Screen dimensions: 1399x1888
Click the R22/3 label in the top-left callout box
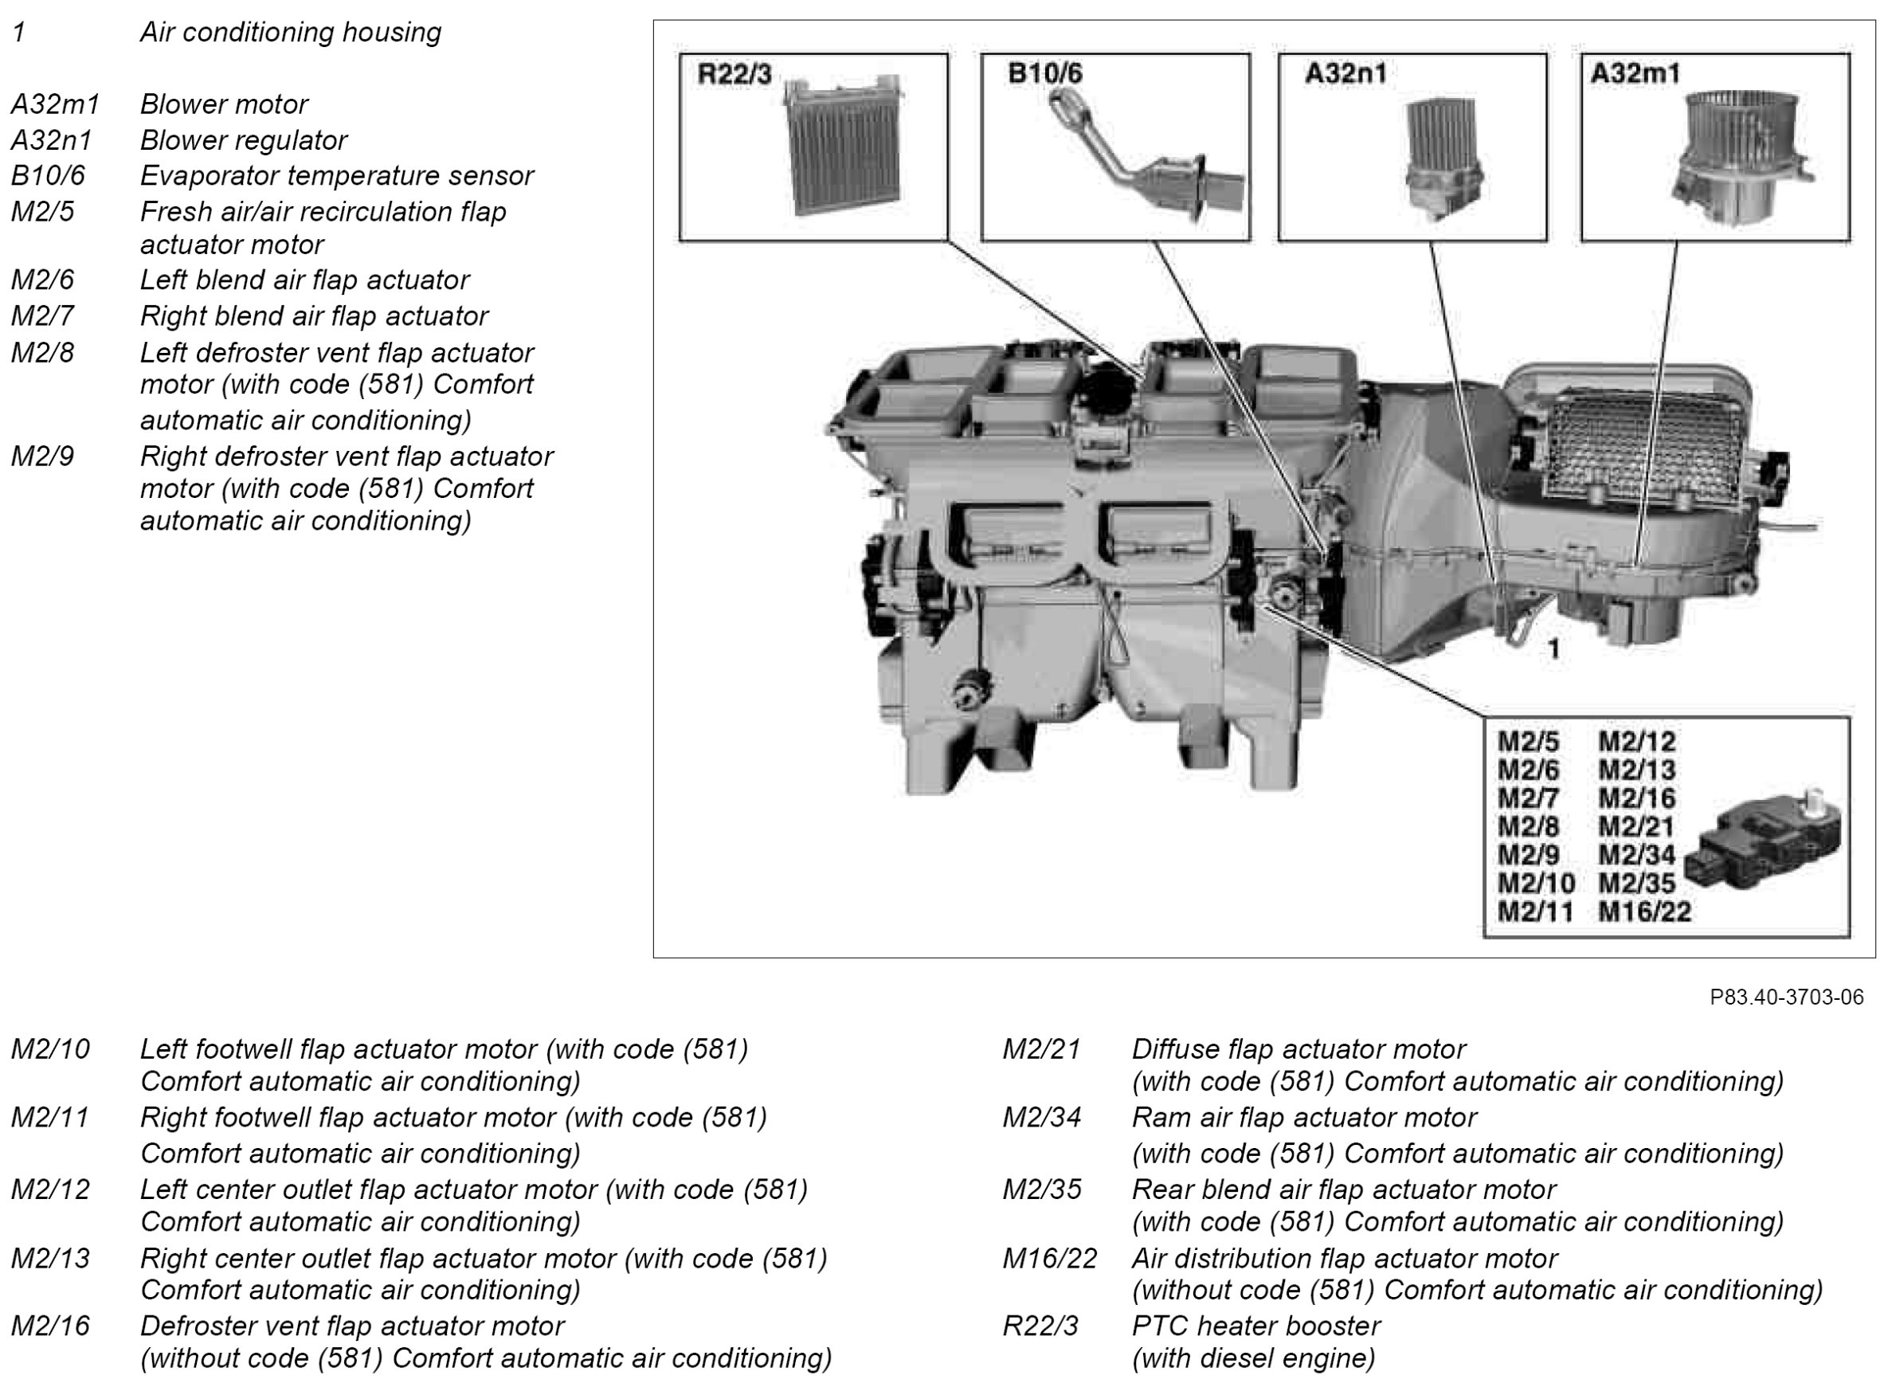pos(733,75)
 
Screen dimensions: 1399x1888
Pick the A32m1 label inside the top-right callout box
pos(1635,73)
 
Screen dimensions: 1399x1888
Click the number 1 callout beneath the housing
pos(1553,649)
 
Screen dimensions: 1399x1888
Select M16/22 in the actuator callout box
pos(1644,912)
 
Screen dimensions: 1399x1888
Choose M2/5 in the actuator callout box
pos(1527,742)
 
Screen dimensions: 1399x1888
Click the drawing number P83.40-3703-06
pos(1786,997)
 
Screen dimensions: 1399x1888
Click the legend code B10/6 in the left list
pos(49,175)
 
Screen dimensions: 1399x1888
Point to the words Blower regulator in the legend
pos(244,139)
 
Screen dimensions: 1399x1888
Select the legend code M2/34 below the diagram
pos(1041,1118)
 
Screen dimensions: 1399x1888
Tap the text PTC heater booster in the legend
pos(1255,1326)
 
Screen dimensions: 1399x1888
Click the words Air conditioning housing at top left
pos(291,32)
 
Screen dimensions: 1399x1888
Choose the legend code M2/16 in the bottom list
pos(50,1326)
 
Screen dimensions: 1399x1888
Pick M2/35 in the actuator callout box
pos(1635,884)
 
